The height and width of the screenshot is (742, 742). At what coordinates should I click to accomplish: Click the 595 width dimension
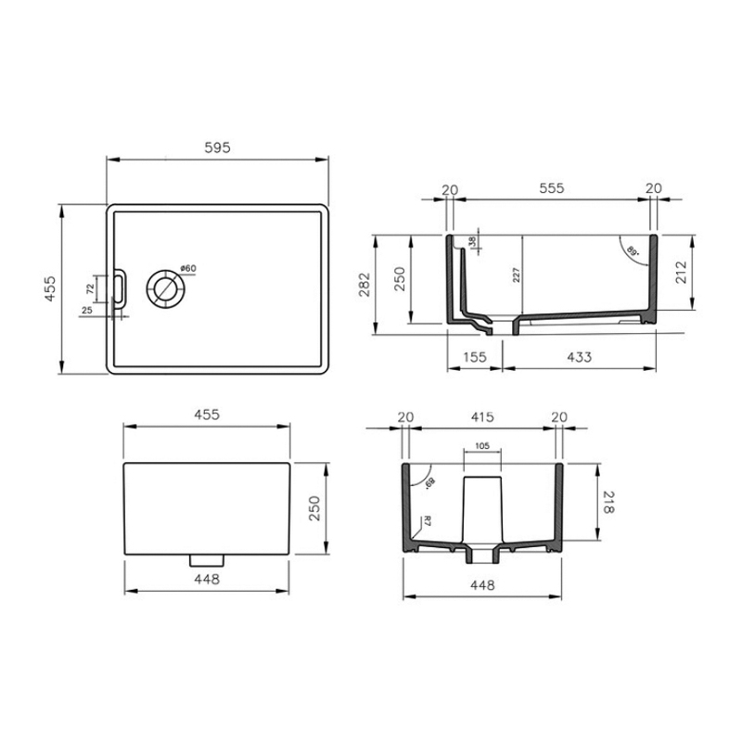pyautogui.click(x=216, y=147)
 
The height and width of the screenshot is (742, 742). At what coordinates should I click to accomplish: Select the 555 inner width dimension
pyautogui.click(x=551, y=188)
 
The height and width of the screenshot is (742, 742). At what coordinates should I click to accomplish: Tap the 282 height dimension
pyautogui.click(x=365, y=282)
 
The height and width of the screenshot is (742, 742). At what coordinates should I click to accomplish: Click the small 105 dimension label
pyautogui.click(x=481, y=445)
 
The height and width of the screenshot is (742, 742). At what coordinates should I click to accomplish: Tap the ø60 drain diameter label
pyautogui.click(x=187, y=269)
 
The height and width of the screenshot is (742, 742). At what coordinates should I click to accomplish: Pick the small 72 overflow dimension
pyautogui.click(x=90, y=288)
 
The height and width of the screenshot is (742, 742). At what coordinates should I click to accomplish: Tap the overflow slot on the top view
pyautogui.click(x=119, y=288)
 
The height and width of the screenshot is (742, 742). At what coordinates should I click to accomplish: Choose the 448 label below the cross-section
pyautogui.click(x=481, y=585)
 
